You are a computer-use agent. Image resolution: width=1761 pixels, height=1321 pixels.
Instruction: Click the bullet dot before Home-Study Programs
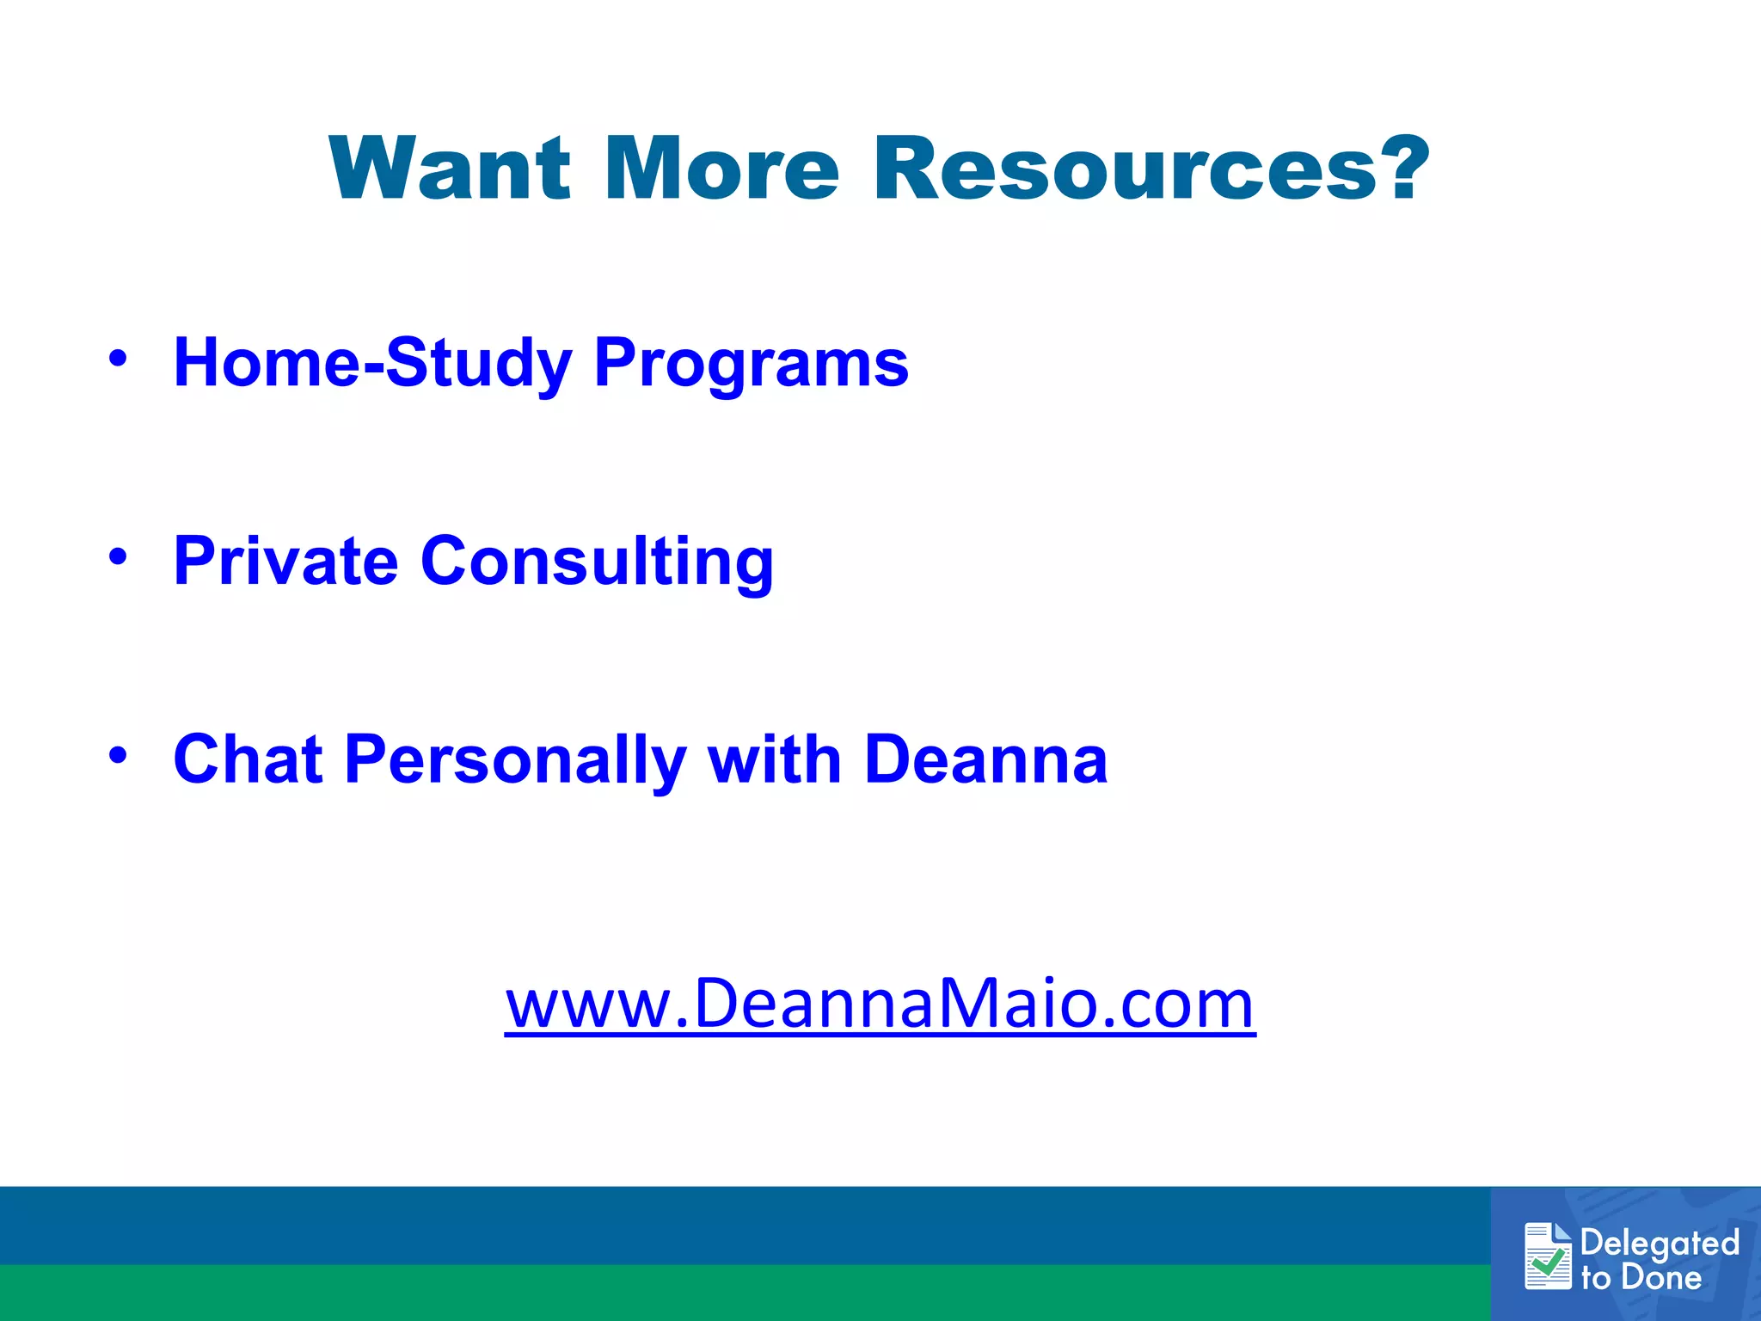118,358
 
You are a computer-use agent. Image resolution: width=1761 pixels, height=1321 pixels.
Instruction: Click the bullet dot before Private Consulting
118,556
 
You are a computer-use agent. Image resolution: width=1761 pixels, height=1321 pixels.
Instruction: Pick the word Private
285,561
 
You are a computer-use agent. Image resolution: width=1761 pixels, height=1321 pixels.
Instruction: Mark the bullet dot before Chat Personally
118,754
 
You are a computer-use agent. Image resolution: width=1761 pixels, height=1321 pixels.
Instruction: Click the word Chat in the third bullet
248,759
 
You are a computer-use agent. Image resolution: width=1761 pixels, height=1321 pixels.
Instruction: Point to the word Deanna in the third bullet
985,759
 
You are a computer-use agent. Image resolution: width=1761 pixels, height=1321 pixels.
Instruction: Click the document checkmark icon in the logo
1548,1256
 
